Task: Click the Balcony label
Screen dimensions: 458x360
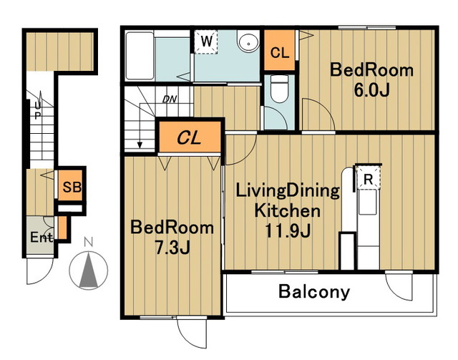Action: [x=314, y=291]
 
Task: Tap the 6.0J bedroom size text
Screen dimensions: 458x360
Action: [x=371, y=90]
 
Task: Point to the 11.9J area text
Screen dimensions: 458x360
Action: [x=288, y=231]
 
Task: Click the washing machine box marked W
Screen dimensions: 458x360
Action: [x=206, y=42]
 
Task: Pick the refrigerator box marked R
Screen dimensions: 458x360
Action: [x=368, y=177]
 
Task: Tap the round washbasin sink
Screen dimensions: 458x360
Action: [x=248, y=42]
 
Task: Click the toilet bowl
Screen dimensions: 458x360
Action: [x=279, y=89]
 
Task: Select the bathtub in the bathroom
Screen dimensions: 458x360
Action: [x=140, y=56]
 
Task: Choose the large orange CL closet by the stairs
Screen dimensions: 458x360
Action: [x=190, y=137]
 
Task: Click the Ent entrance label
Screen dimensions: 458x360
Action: [x=42, y=237]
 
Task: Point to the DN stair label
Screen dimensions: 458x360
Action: [x=170, y=99]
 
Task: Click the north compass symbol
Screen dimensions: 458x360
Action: [x=89, y=270]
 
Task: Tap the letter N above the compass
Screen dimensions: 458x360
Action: [x=88, y=242]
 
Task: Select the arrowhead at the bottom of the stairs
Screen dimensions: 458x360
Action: [x=140, y=145]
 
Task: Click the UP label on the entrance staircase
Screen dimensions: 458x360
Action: [x=37, y=110]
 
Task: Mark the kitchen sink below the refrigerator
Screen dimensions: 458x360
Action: [x=368, y=203]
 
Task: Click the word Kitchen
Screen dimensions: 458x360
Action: [x=288, y=210]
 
